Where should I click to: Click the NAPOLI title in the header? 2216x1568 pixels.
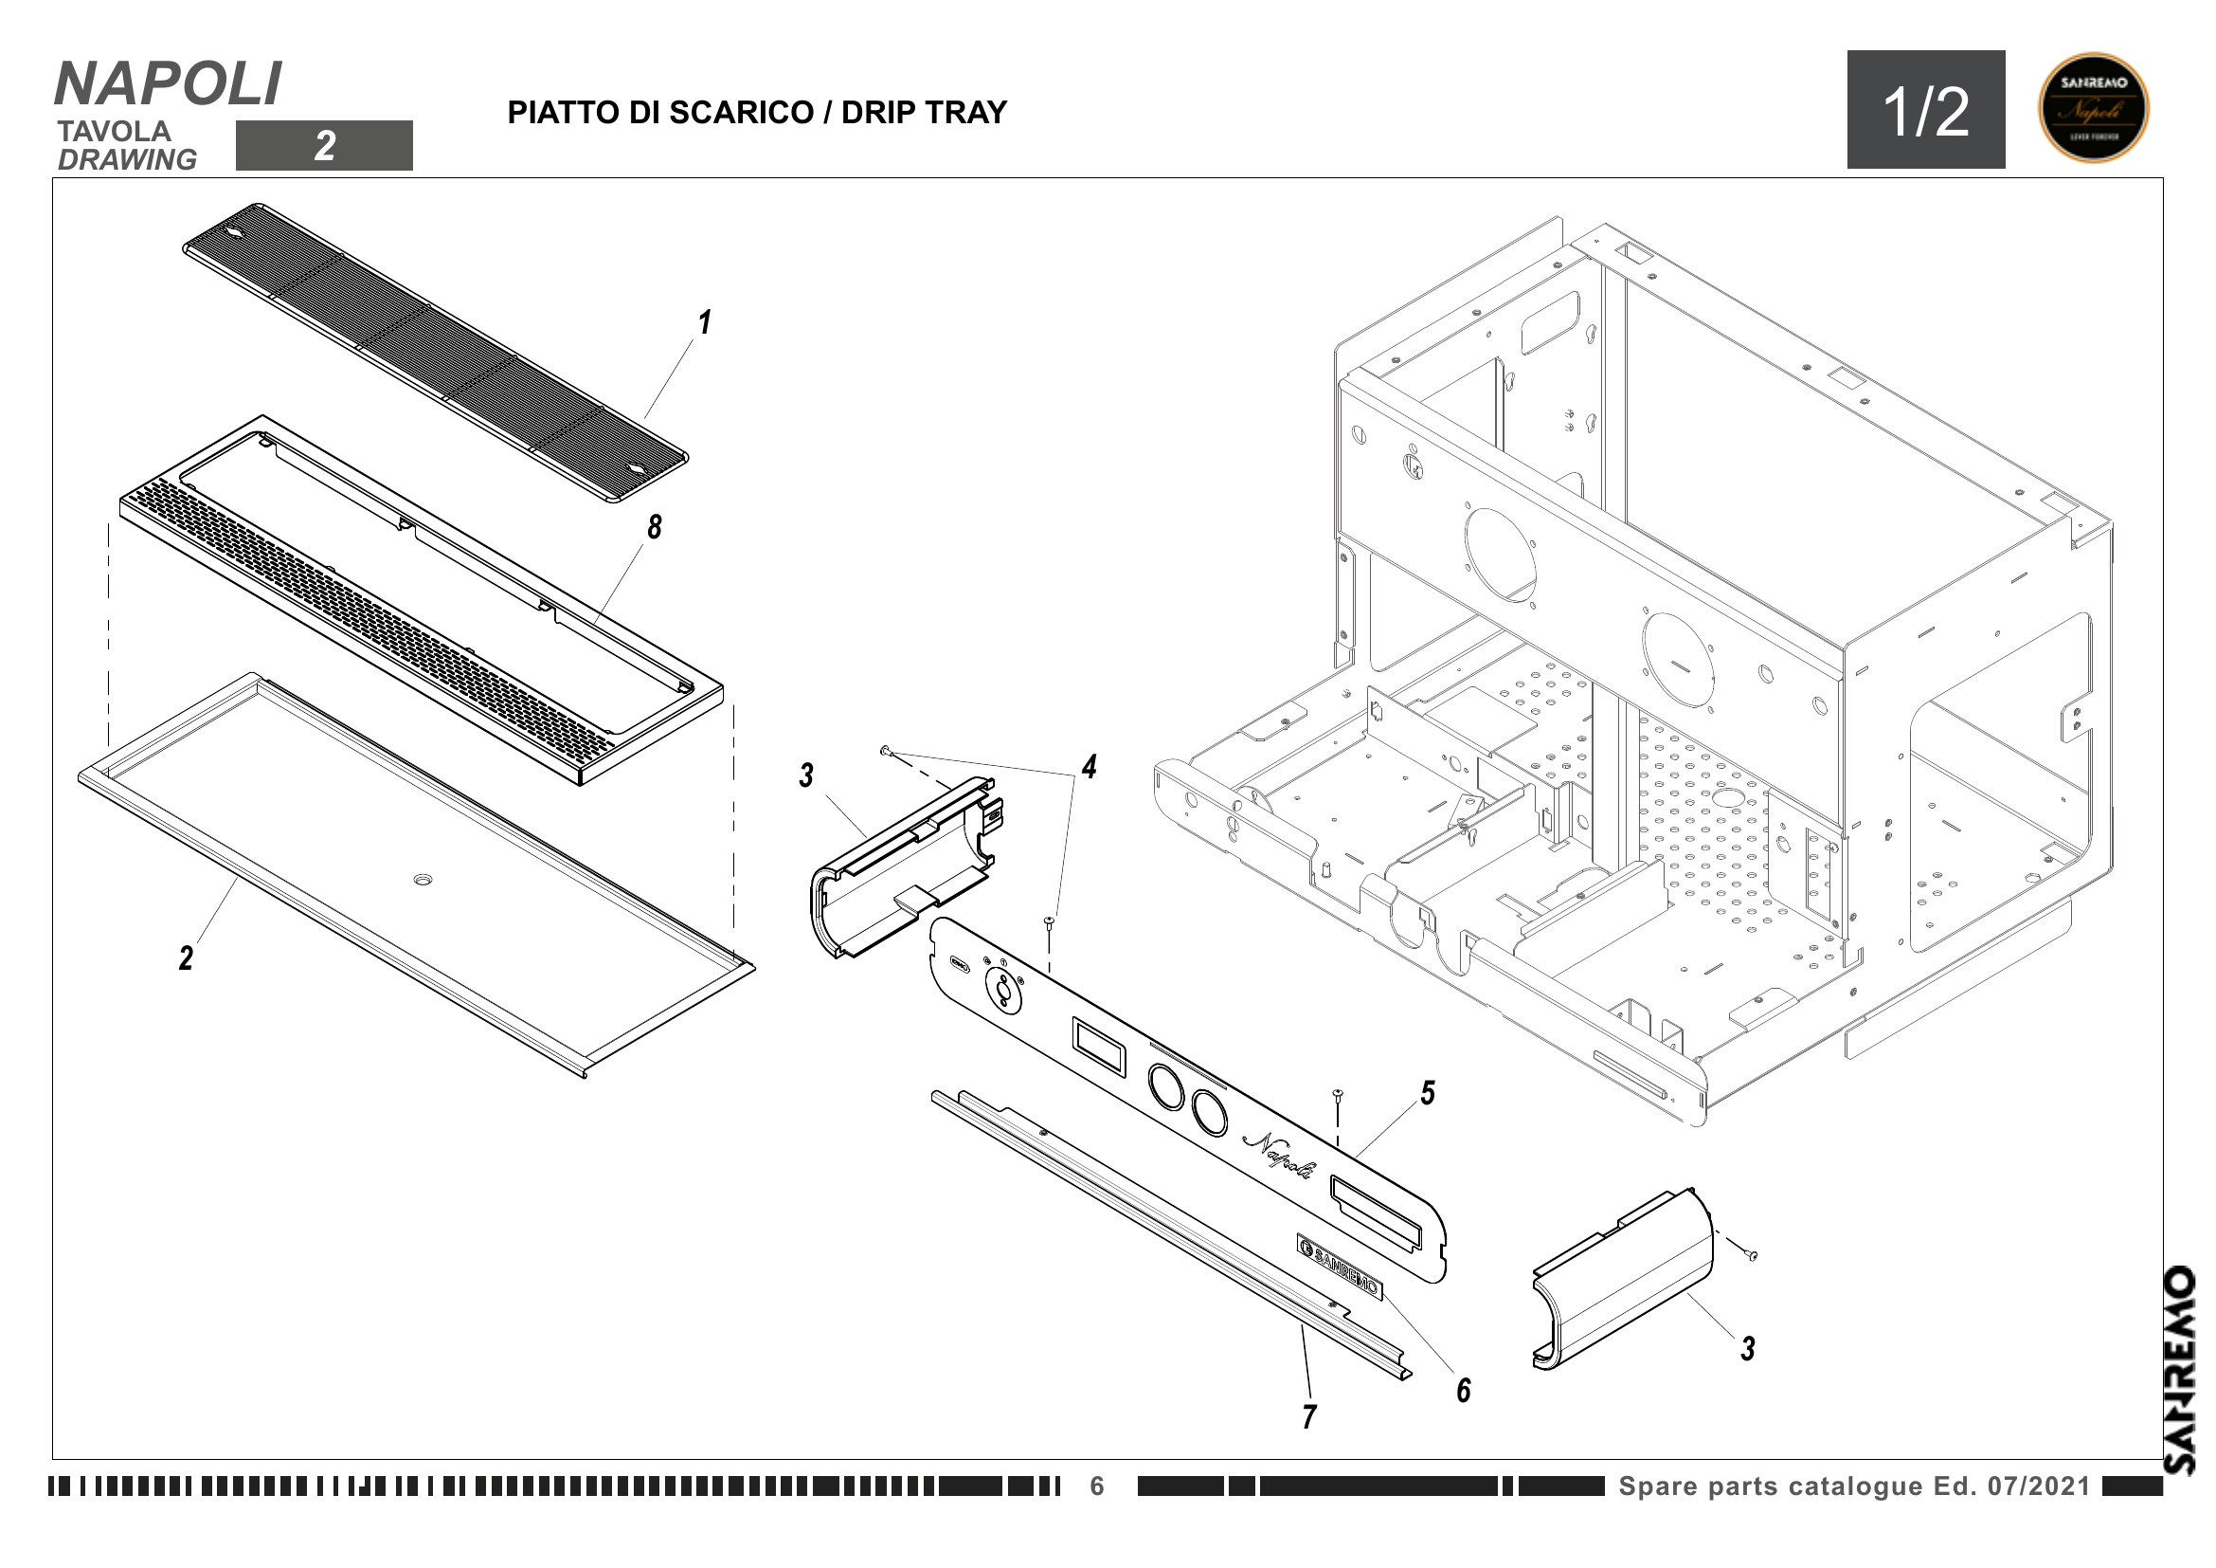[168, 84]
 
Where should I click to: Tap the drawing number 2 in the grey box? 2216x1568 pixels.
[324, 146]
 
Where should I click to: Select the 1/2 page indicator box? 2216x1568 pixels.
[1925, 110]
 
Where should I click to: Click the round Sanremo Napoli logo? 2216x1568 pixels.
[2094, 108]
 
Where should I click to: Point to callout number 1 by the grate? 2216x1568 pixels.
[705, 322]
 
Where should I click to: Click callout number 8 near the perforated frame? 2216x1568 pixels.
[655, 527]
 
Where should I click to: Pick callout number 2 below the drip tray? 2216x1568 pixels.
[187, 957]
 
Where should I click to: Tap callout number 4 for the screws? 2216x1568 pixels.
[1089, 768]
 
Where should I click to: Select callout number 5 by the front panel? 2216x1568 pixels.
[1428, 1093]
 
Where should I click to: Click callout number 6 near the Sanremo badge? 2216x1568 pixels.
[1463, 1391]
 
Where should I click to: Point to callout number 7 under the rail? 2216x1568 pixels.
[1308, 1416]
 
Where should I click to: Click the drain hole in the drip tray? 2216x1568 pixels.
[423, 880]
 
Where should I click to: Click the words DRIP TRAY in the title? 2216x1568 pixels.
[924, 113]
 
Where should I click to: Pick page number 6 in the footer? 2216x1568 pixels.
[1096, 1486]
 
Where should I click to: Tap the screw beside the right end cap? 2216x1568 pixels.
[1752, 1255]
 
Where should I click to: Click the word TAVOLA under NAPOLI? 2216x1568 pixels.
[114, 132]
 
